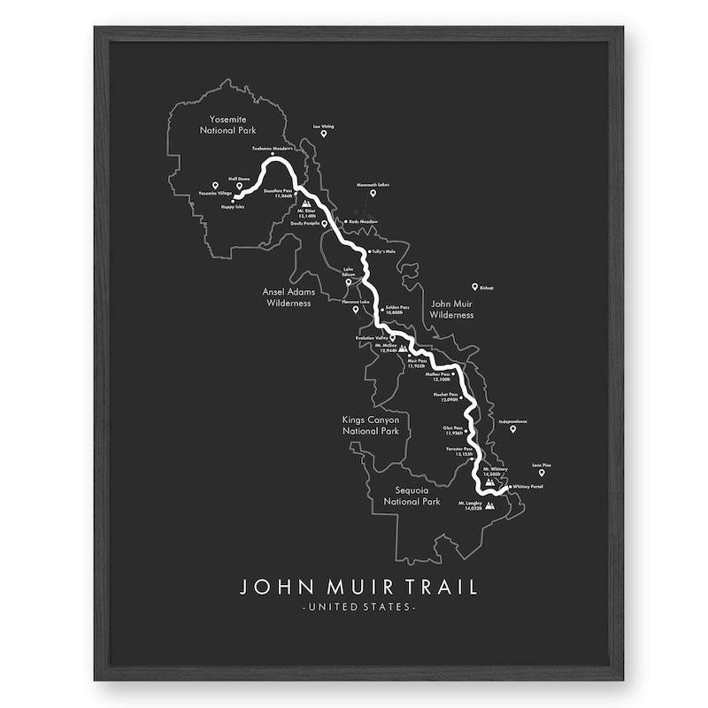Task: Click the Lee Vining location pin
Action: [323, 134]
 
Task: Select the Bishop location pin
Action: [475, 287]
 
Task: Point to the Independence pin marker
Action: [512, 429]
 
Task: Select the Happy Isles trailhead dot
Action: [233, 201]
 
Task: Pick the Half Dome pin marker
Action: [239, 186]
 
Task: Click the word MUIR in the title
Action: [358, 587]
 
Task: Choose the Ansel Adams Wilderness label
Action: [287, 296]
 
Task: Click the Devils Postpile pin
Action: [325, 225]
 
